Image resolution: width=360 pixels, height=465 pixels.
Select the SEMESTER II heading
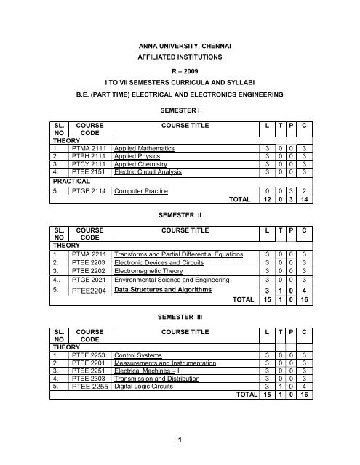pyautogui.click(x=179, y=216)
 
